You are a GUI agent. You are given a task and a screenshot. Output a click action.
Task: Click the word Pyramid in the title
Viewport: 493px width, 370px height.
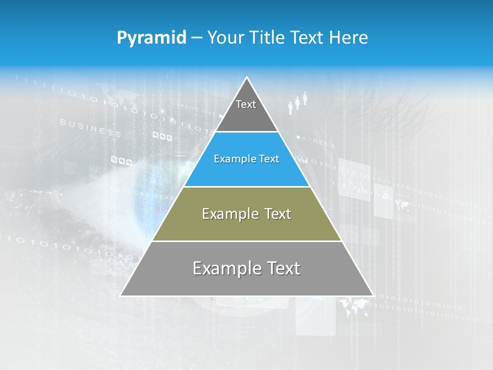coord(151,38)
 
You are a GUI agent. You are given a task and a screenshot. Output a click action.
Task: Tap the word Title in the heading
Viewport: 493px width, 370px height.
coord(269,38)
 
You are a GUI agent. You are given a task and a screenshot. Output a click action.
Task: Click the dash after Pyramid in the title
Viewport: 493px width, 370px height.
coord(196,38)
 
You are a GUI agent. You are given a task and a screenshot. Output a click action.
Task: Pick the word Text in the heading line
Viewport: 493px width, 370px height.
coord(310,38)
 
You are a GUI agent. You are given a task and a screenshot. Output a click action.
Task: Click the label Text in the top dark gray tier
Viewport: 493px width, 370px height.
coord(246,104)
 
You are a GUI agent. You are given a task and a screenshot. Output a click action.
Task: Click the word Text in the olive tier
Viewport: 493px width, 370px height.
coord(278,214)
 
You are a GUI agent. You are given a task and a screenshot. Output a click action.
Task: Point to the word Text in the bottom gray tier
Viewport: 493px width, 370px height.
coord(282,268)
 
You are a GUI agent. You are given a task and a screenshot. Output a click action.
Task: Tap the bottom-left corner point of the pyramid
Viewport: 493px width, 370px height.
coord(121,295)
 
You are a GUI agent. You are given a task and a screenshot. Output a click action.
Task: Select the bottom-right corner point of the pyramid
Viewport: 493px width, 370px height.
coord(373,295)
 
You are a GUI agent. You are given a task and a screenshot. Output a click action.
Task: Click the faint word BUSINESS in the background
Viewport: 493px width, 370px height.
coord(90,128)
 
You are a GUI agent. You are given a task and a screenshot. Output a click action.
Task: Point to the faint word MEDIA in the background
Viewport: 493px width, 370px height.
coord(324,142)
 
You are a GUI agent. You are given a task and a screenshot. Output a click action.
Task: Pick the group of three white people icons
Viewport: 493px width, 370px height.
coord(297,102)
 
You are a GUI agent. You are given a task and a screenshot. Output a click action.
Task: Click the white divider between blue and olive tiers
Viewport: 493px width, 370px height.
coord(247,187)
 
